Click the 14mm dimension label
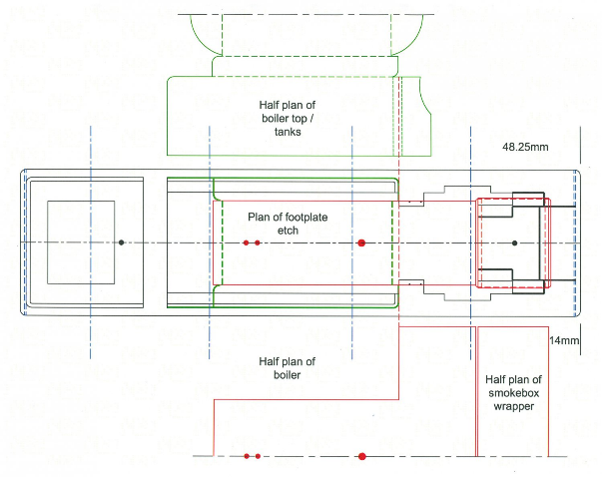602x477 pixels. coord(565,341)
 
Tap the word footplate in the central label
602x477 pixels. coord(304,216)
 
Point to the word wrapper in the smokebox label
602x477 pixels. coord(514,407)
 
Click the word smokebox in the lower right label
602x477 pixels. coord(514,393)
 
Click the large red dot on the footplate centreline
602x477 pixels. coord(361,242)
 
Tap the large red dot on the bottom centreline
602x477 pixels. coord(361,456)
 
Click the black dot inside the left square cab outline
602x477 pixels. coord(121,242)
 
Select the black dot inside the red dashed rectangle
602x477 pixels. coord(514,242)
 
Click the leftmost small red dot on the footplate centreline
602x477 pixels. coord(247,242)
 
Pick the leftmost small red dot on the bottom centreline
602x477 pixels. coord(247,456)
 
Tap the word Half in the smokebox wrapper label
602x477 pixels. coord(497,379)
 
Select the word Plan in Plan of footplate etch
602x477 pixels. coord(258,216)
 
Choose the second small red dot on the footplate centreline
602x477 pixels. coord(258,242)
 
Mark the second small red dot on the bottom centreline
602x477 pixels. coord(258,456)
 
